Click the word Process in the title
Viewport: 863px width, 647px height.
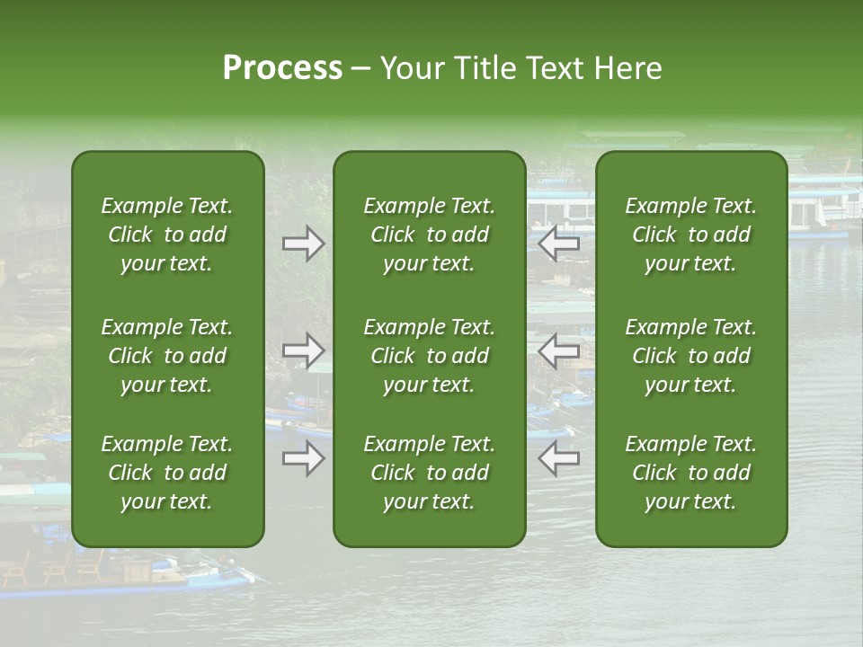point(282,68)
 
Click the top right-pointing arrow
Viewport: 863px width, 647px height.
point(303,244)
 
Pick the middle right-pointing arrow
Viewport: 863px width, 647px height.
point(303,351)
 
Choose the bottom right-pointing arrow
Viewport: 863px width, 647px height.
point(303,459)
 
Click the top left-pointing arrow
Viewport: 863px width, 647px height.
point(558,244)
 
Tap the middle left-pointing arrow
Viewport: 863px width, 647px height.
point(558,351)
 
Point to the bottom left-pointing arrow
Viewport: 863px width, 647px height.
point(558,459)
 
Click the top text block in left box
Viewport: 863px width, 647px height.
point(167,235)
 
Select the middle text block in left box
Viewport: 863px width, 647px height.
point(167,356)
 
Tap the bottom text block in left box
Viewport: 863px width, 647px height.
point(167,473)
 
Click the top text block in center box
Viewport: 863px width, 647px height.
point(429,235)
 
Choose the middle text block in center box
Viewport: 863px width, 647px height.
point(429,356)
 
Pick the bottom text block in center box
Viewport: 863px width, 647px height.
point(429,473)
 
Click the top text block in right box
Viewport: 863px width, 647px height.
point(691,235)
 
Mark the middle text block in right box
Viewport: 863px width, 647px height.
point(691,356)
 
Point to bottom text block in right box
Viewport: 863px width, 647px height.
point(691,473)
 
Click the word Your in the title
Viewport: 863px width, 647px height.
point(408,68)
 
